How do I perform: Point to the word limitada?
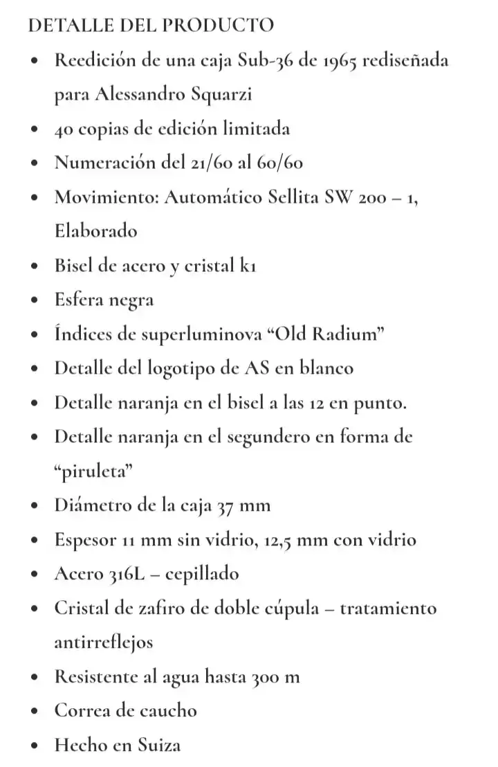click(x=251, y=129)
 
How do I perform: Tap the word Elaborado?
click(x=96, y=231)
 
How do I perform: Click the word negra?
click(x=130, y=300)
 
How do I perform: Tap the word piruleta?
click(x=93, y=471)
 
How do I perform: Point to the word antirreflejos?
click(x=104, y=642)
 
